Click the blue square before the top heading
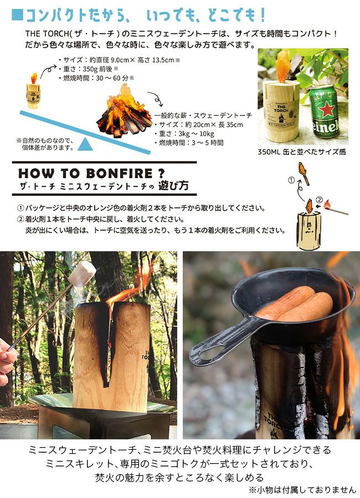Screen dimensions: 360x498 tap(18, 14)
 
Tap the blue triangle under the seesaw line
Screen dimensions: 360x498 tap(85, 144)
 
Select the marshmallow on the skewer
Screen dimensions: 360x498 tap(83, 273)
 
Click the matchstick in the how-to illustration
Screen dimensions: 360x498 tap(336, 209)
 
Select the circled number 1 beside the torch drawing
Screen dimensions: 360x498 tap(291, 180)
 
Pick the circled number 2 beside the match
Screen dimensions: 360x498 tap(320, 200)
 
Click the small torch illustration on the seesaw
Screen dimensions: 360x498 tap(33, 91)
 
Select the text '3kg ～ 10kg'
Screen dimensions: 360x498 tap(196, 134)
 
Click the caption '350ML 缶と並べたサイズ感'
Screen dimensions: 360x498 tap(302, 152)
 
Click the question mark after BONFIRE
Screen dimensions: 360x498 tap(161, 173)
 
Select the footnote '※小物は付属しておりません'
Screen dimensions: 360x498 tap(302, 490)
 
